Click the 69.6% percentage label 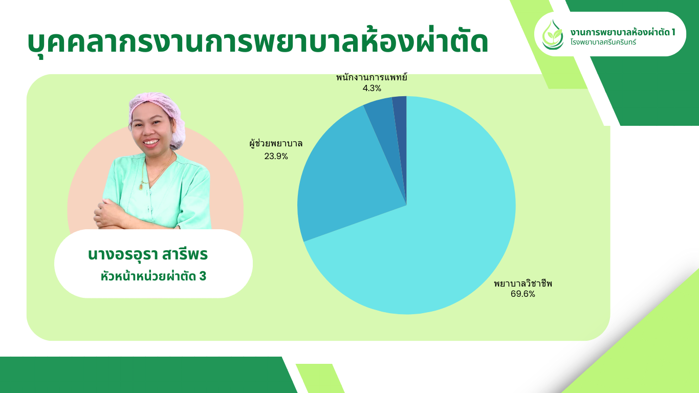point(522,294)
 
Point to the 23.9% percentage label point(276,156)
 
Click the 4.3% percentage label point(372,89)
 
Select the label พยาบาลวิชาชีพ point(523,283)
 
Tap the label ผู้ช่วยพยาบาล point(276,144)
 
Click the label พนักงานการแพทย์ point(372,77)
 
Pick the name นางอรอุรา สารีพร point(147,255)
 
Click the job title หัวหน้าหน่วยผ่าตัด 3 point(153,276)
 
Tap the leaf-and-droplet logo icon point(552,35)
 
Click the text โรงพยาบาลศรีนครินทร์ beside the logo point(603,42)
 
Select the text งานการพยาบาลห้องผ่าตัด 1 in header point(623,32)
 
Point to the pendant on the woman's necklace point(141,187)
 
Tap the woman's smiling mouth point(151,142)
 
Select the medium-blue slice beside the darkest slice point(384,125)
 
